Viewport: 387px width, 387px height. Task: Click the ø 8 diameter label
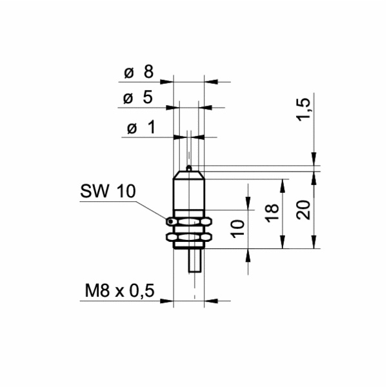[137, 72]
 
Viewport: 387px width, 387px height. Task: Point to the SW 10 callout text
[108, 191]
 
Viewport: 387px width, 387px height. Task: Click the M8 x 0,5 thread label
[120, 291]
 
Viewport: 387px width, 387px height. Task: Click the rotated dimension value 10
[237, 227]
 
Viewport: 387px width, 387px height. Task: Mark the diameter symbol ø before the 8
[128, 73]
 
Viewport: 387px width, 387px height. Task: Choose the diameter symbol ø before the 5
[128, 99]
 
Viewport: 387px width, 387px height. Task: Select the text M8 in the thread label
[94, 291]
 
